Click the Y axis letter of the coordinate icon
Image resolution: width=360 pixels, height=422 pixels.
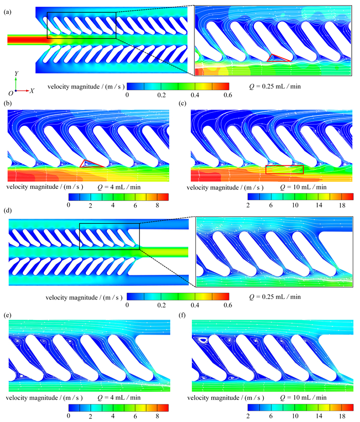[x=17, y=74]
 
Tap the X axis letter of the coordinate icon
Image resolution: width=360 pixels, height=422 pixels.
[x=32, y=91]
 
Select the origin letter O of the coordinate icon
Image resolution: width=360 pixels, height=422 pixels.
[x=10, y=93]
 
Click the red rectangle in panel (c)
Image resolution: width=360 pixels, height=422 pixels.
[x=284, y=169]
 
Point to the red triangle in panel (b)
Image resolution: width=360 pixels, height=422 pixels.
[x=92, y=164]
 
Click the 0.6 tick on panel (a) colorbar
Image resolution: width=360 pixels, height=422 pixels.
[x=227, y=95]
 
